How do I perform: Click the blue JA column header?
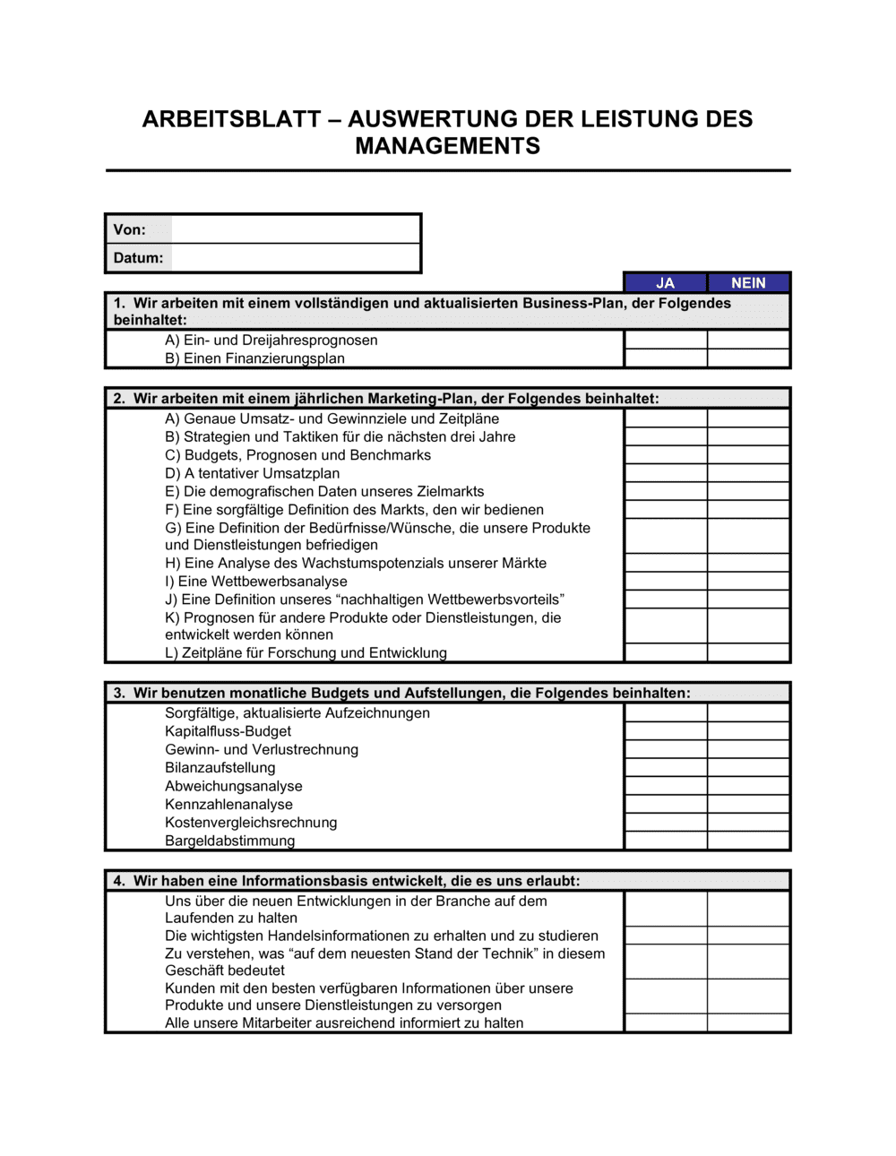[665, 283]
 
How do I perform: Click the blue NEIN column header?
[748, 283]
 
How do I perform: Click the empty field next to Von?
[295, 229]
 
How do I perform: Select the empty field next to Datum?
[295, 258]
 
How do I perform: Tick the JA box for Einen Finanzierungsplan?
[666, 358]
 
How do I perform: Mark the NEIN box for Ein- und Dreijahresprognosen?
[748, 340]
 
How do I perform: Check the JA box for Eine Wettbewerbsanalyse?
[666, 582]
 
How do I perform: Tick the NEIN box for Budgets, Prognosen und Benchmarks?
[748, 455]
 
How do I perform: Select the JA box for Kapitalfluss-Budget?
[666, 731]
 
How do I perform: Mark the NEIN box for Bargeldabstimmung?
[748, 841]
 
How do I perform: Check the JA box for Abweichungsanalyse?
[666, 786]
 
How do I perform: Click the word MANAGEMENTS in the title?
[447, 146]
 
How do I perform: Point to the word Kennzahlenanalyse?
[228, 805]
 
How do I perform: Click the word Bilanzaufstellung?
[220, 768]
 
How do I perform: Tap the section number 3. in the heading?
[119, 693]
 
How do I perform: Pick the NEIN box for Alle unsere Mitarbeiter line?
[748, 1023]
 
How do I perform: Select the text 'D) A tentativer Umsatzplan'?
[252, 473]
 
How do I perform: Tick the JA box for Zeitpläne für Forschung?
[666, 653]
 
